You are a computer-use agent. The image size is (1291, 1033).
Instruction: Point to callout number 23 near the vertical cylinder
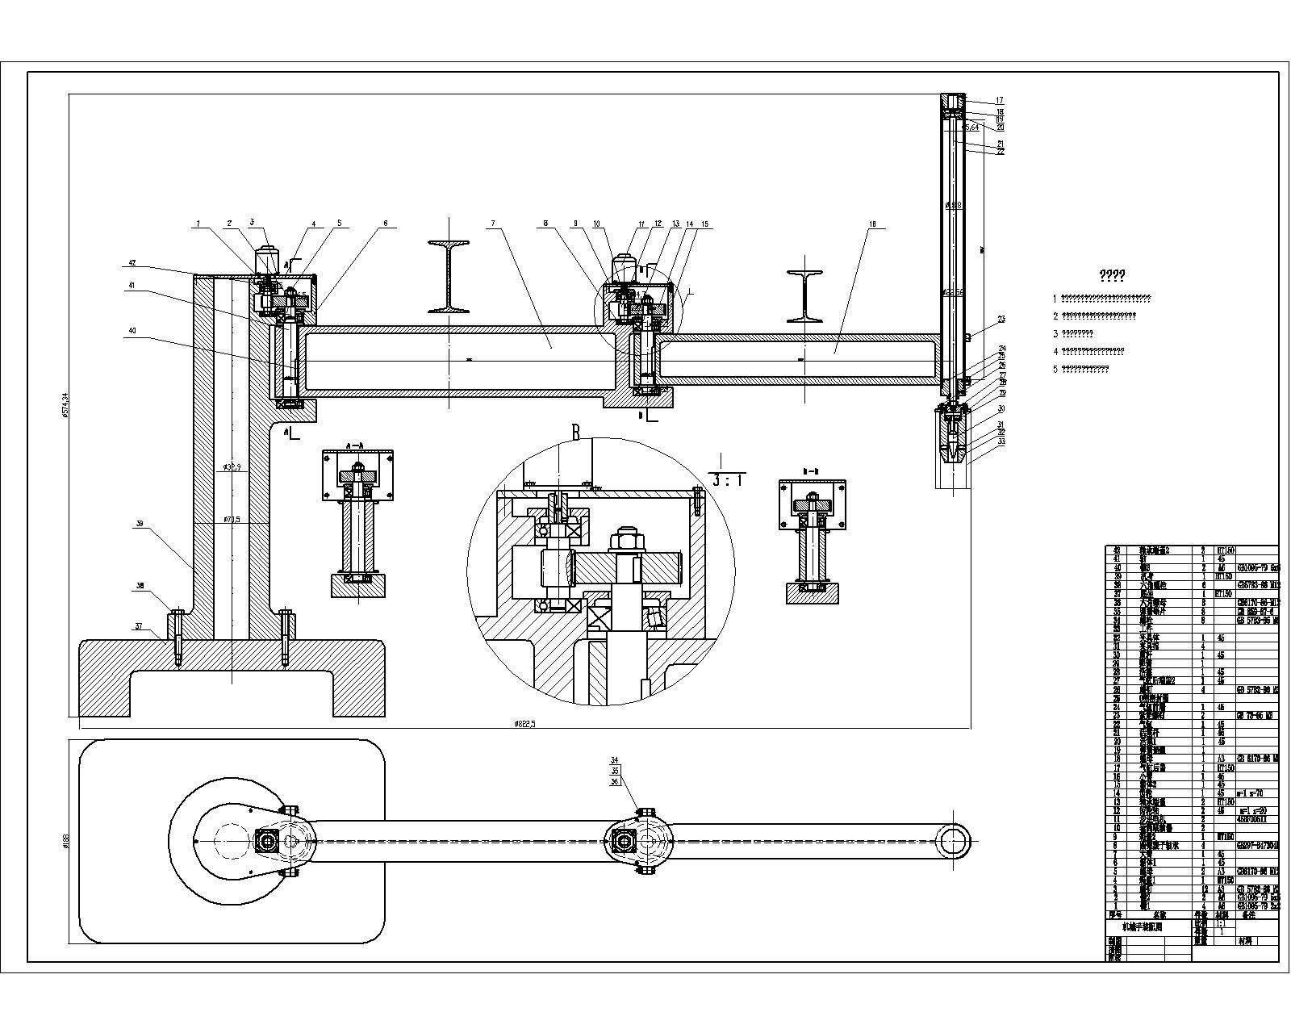click(x=1001, y=320)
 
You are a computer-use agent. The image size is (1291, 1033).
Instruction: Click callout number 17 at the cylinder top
click(x=999, y=100)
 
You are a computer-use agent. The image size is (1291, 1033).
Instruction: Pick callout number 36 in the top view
click(x=614, y=781)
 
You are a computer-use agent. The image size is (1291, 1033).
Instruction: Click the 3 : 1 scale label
click(x=728, y=480)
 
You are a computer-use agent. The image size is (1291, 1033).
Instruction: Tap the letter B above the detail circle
click(x=575, y=433)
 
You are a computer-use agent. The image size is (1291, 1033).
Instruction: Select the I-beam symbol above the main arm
click(x=449, y=275)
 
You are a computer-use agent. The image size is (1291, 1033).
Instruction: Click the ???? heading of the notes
click(x=1113, y=276)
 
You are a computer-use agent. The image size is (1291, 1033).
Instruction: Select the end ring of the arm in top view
click(x=954, y=842)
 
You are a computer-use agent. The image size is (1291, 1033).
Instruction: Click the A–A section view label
click(x=355, y=445)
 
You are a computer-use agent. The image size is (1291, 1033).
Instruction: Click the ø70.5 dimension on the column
click(x=232, y=521)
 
